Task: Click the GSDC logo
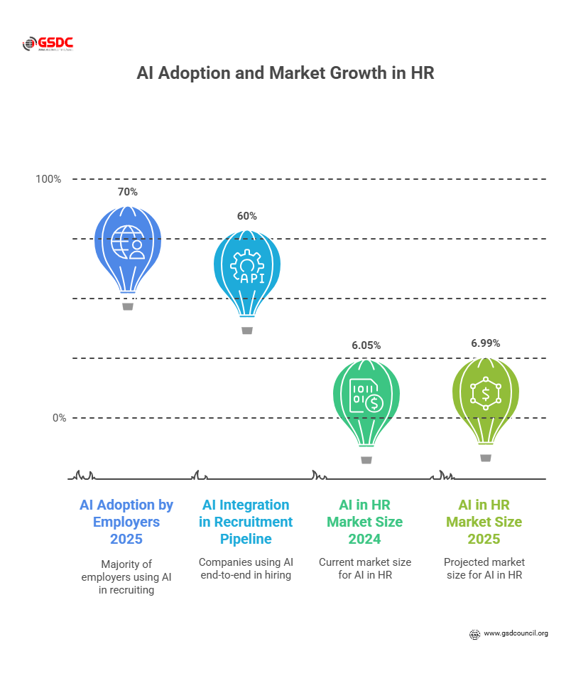(x=48, y=44)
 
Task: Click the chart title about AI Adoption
(x=285, y=73)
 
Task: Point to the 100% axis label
(x=49, y=179)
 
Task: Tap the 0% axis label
(x=59, y=418)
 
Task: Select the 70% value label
(x=128, y=192)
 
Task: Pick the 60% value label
(x=247, y=216)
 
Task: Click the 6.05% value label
(x=366, y=345)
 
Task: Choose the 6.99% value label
(x=486, y=343)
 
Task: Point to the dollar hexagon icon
(x=486, y=393)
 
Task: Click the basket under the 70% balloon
(x=128, y=306)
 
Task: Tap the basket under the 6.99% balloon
(x=486, y=458)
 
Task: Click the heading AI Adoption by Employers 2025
(x=126, y=522)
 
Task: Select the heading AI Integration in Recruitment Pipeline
(x=246, y=522)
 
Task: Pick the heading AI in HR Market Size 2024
(x=365, y=522)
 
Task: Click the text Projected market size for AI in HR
(x=484, y=569)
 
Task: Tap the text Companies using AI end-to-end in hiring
(x=246, y=569)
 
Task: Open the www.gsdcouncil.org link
(x=516, y=633)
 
